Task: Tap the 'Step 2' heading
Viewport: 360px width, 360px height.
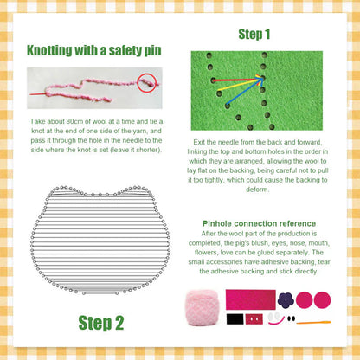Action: coord(101,323)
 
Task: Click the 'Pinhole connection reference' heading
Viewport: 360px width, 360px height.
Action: coord(259,223)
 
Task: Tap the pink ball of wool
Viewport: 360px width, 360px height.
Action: coord(202,306)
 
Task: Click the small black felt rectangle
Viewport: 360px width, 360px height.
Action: coord(235,319)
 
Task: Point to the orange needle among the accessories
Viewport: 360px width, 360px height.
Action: coord(312,321)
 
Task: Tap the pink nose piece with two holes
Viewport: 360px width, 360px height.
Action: coord(254,319)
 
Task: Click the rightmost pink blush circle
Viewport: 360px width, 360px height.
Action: coord(322,299)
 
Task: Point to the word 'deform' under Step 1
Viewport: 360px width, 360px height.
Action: coord(265,189)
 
